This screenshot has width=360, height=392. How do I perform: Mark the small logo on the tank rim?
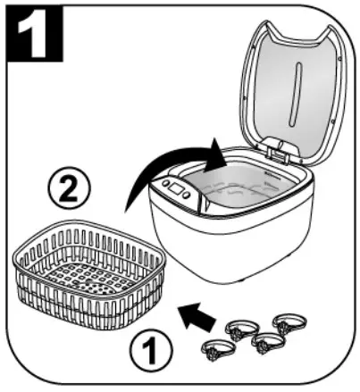point(273,175)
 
